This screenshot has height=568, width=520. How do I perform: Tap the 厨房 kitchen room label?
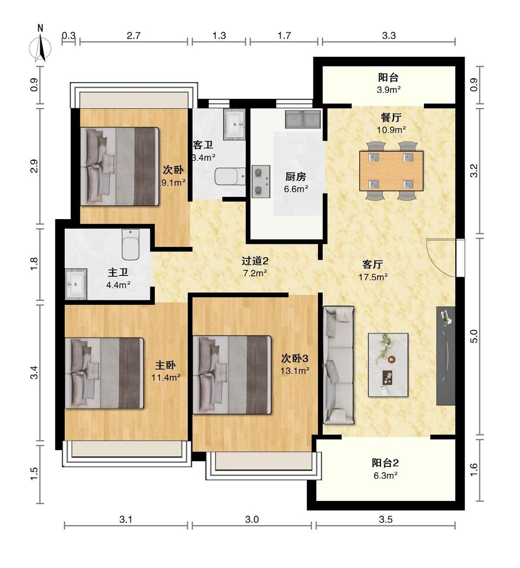coord(296,177)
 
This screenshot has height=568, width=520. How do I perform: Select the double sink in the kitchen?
coord(303,119)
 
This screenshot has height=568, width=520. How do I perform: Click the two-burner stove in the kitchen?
coord(261,181)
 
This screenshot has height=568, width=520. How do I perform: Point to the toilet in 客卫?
coord(230,177)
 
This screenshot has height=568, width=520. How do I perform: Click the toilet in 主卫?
coord(130,244)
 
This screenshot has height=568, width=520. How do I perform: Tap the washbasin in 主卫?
coord(76,284)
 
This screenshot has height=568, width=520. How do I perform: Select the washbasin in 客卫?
coord(234,124)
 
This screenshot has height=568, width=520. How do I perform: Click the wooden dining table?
coord(392,171)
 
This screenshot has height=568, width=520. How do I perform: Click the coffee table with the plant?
coord(388,365)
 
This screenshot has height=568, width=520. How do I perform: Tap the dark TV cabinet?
coord(446,356)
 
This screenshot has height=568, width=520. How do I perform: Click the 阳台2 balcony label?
coord(385,463)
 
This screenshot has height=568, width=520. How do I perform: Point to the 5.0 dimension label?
coord(474,336)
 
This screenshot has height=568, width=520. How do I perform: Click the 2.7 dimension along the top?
coord(134,36)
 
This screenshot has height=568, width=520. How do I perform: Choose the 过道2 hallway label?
coord(255,261)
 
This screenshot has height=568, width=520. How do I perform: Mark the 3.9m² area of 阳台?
coord(389,90)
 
